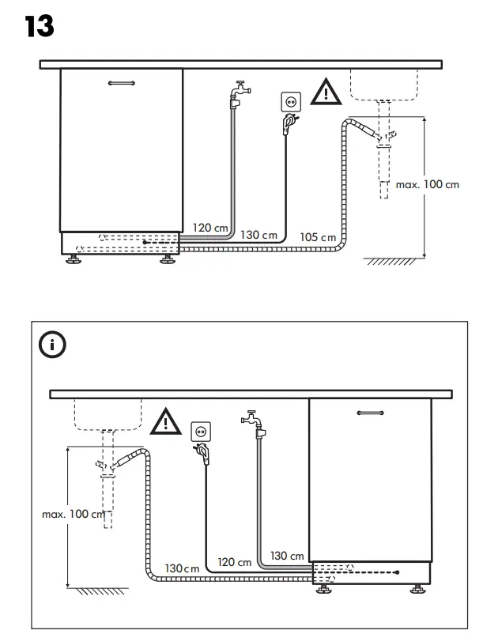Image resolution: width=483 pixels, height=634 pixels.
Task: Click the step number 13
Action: coord(40,26)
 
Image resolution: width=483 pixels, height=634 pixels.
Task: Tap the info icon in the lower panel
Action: coord(53,345)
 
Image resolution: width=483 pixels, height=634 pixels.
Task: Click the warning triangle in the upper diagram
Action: coord(323,92)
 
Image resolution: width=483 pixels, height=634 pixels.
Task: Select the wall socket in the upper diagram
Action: coord(291,102)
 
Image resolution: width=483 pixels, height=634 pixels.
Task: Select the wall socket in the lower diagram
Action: coord(202,432)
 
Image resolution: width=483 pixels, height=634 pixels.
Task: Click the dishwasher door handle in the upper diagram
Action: coord(122,82)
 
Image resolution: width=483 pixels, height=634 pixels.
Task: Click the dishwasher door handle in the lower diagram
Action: coord(369,412)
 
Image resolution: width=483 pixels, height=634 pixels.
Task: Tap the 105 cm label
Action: coord(318,237)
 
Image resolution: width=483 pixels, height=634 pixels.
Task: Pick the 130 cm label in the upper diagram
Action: coord(258,235)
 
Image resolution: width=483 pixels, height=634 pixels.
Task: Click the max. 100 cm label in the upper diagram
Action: coord(427,184)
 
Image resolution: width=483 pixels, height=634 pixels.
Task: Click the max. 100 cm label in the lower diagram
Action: coord(73,515)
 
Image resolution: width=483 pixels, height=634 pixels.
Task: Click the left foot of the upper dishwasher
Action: coord(76,259)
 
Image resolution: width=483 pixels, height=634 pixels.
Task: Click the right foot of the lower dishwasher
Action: coord(416,590)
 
